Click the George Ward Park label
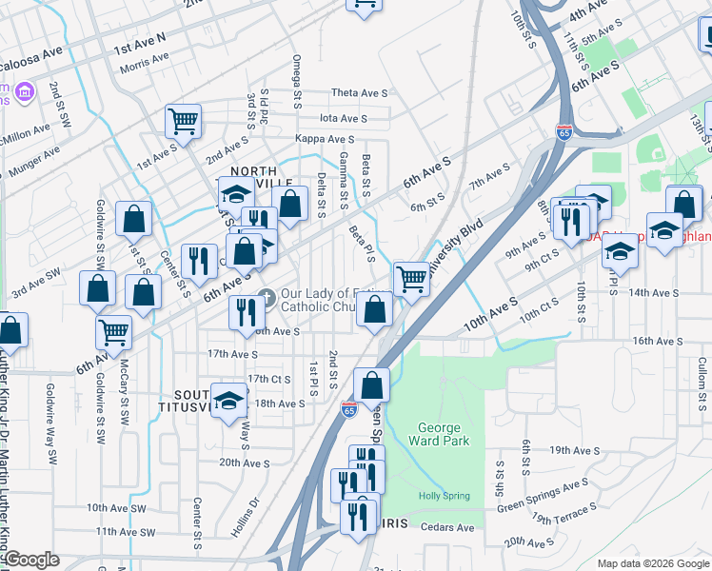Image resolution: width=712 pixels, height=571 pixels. click(439, 434)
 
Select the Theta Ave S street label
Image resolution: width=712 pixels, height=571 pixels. click(359, 93)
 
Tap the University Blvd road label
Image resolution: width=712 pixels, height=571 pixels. click(456, 246)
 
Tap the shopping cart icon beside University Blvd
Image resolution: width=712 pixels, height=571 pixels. click(410, 279)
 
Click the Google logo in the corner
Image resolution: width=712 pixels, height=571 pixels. click(31, 560)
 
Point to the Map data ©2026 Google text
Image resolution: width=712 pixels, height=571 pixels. click(653, 563)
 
